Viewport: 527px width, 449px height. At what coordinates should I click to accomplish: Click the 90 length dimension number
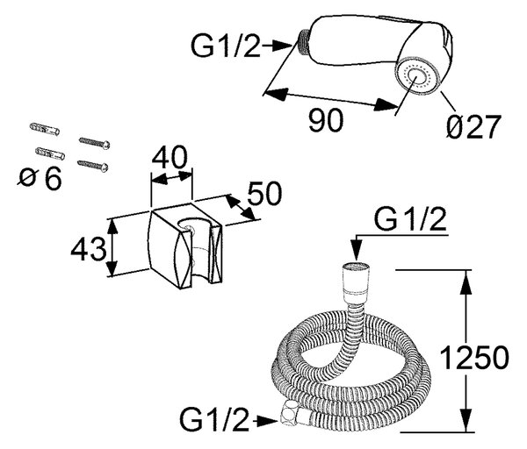(x=326, y=120)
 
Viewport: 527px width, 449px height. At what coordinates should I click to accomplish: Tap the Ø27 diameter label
(x=474, y=126)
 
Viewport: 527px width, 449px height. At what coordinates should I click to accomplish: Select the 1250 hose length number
(x=474, y=357)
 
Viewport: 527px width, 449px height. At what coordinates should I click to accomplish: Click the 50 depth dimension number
(x=264, y=193)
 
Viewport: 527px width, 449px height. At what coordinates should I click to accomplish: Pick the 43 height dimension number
(x=88, y=249)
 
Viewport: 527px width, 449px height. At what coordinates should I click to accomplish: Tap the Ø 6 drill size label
(x=40, y=178)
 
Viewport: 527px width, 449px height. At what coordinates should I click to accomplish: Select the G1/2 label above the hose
(x=410, y=219)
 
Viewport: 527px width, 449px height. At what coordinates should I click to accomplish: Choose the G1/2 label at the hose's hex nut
(x=214, y=419)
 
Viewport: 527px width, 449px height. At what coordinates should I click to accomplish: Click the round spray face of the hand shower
(x=417, y=78)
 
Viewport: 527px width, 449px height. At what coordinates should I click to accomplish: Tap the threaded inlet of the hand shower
(x=304, y=42)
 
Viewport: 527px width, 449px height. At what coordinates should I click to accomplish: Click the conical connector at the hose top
(x=356, y=282)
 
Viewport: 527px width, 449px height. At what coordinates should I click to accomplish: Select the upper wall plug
(x=45, y=129)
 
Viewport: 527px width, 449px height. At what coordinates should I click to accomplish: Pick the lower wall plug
(x=50, y=153)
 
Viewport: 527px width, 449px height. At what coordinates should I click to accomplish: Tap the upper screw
(x=95, y=143)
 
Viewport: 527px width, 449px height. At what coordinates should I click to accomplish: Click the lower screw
(x=93, y=166)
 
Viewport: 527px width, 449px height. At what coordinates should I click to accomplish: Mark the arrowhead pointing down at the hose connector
(x=357, y=252)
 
